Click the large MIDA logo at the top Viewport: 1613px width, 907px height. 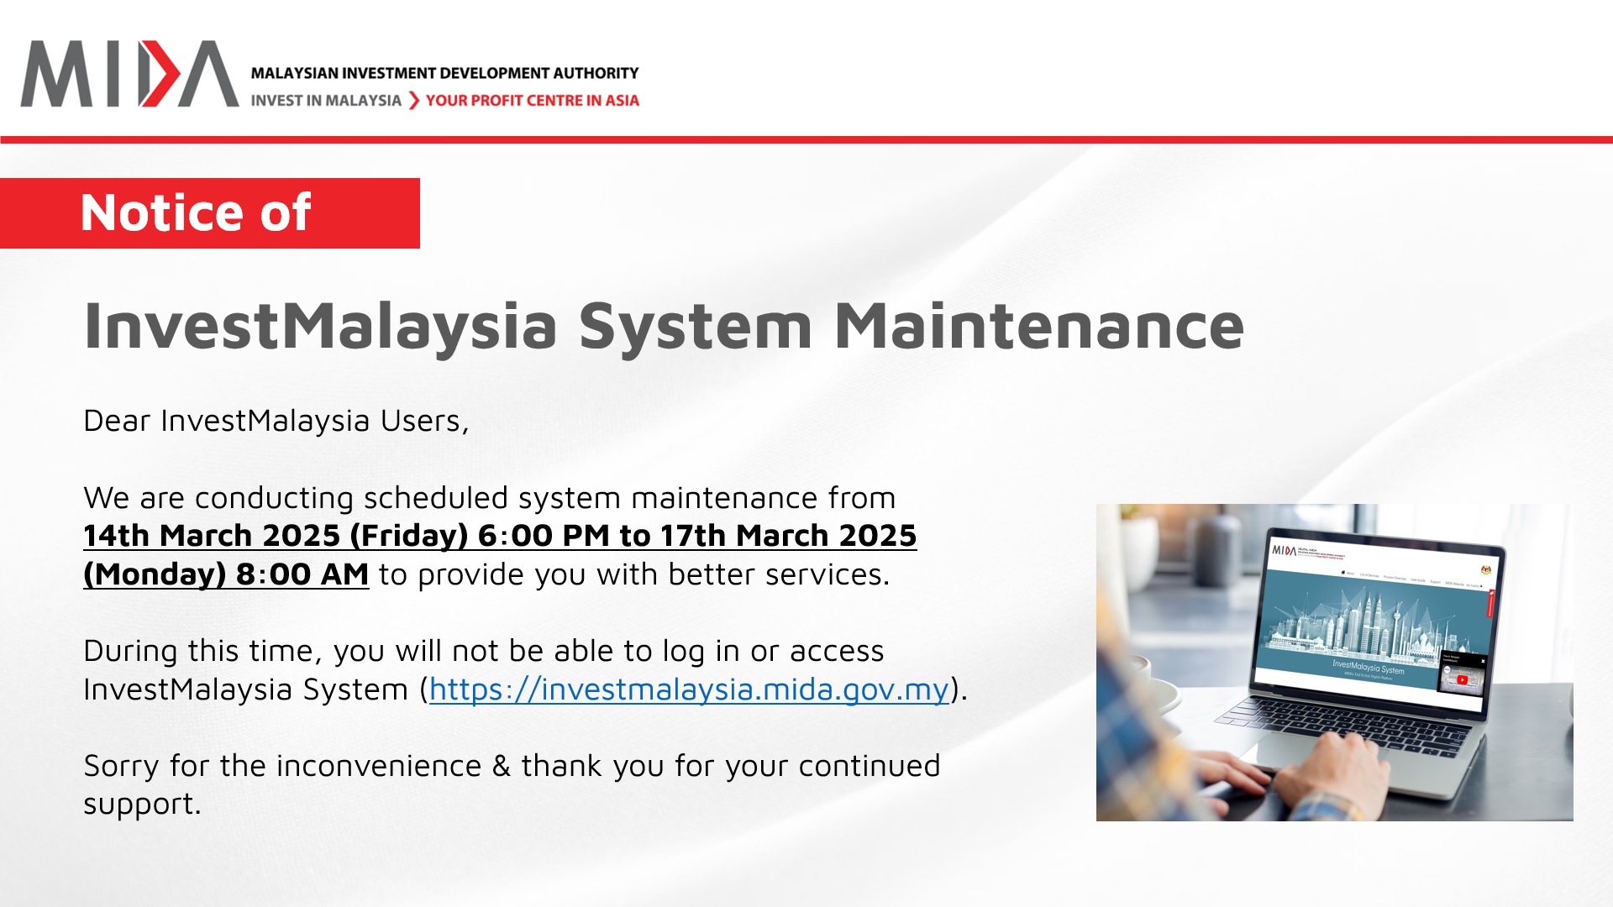129,74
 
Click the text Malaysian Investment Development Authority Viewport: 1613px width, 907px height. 444,73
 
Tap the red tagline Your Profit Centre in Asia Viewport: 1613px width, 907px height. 532,101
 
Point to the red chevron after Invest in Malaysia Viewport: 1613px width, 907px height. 413,101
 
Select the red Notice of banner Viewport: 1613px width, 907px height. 209,213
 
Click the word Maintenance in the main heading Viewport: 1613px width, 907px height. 1038,326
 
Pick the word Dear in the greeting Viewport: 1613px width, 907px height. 116,421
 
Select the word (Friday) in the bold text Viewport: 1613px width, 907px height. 408,536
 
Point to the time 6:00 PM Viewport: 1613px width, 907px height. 544,536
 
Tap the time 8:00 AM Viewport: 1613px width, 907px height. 302,574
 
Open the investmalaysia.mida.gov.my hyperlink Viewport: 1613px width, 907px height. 689,689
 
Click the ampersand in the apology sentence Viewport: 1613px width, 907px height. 501,766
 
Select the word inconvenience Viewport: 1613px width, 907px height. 379,766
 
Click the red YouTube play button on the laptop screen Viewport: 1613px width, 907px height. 1463,680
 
